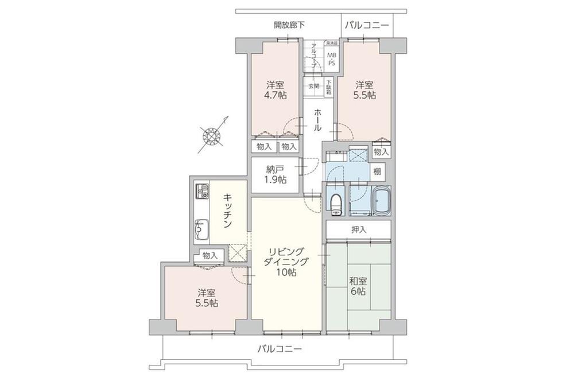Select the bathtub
(x=381, y=201)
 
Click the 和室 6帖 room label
(x=358, y=287)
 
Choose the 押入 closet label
(x=359, y=229)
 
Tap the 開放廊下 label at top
(x=289, y=25)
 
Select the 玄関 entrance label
(x=313, y=86)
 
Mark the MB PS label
(x=331, y=58)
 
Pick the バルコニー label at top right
(x=367, y=25)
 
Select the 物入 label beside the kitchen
(x=209, y=255)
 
